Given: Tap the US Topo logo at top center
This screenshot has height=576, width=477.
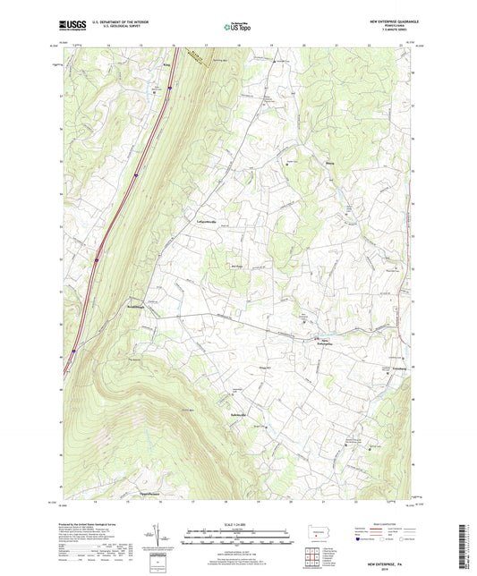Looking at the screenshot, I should click(238, 28).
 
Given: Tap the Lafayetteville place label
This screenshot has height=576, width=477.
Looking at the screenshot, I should click(200, 221).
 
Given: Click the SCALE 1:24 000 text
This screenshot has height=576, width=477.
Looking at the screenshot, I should click(239, 525).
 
